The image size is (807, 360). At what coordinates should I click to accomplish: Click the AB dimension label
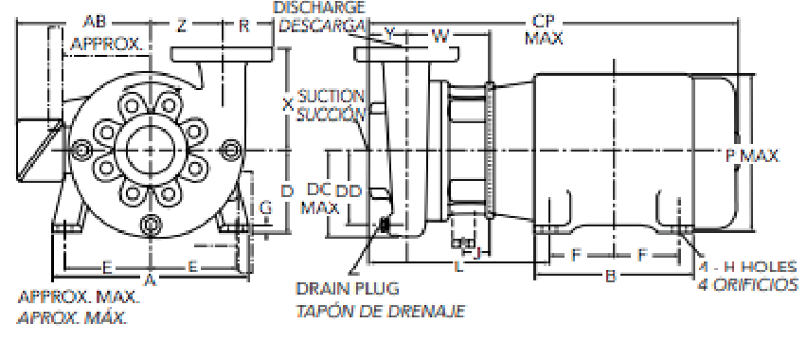95,22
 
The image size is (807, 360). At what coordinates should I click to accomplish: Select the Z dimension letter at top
181,26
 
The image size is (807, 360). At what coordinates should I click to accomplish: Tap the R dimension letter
244,26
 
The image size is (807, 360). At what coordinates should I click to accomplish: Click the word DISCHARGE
319,8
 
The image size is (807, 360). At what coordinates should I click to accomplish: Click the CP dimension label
545,22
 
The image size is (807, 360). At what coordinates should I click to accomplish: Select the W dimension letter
439,36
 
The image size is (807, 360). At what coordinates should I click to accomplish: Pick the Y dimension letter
389,35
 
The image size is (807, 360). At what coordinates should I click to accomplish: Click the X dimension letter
288,105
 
